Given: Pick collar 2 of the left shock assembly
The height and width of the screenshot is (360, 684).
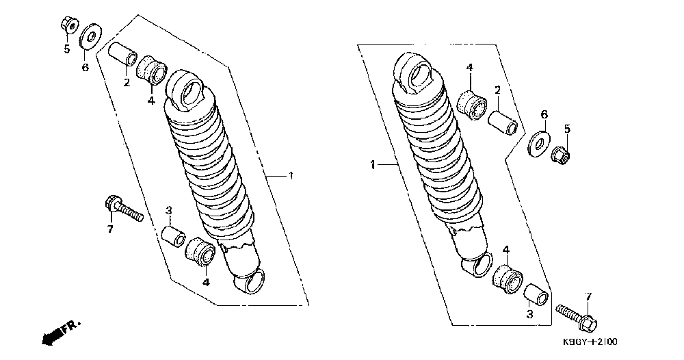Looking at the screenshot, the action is tap(123, 55).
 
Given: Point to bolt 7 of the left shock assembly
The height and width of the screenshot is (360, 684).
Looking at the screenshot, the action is tap(123, 209).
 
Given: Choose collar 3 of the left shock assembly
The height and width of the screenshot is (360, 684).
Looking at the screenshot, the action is tap(172, 235).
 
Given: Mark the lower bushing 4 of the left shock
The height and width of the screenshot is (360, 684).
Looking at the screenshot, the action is tap(201, 253).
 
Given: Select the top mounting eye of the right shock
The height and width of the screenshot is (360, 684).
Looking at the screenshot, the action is tap(415, 74).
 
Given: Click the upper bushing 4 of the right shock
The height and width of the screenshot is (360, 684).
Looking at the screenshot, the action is tap(472, 103).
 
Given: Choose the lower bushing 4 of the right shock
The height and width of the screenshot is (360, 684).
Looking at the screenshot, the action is tap(506, 280).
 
